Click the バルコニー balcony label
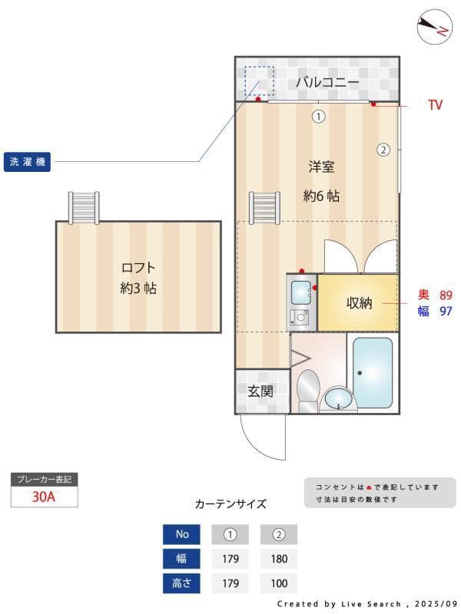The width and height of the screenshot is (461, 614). (x=327, y=81)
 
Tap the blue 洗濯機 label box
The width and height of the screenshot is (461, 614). (x=27, y=162)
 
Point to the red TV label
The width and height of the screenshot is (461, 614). (x=435, y=105)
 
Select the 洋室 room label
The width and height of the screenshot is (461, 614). (x=321, y=167)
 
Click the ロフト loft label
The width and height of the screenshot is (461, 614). (x=138, y=268)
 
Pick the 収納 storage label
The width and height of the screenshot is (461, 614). (x=359, y=302)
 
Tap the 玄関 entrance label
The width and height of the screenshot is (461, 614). (x=260, y=391)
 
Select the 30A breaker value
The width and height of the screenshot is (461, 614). (x=44, y=496)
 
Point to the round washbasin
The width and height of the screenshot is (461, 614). (x=336, y=398)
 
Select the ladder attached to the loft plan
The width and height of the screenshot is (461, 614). (x=84, y=206)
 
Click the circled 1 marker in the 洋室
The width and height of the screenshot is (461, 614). (x=317, y=117)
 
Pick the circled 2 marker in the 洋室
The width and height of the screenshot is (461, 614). (x=383, y=150)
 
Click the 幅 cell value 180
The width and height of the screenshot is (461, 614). (x=279, y=559)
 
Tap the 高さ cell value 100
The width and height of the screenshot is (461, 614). (x=279, y=583)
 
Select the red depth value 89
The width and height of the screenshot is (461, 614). (x=446, y=295)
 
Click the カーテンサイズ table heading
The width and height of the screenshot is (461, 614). (x=230, y=504)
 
